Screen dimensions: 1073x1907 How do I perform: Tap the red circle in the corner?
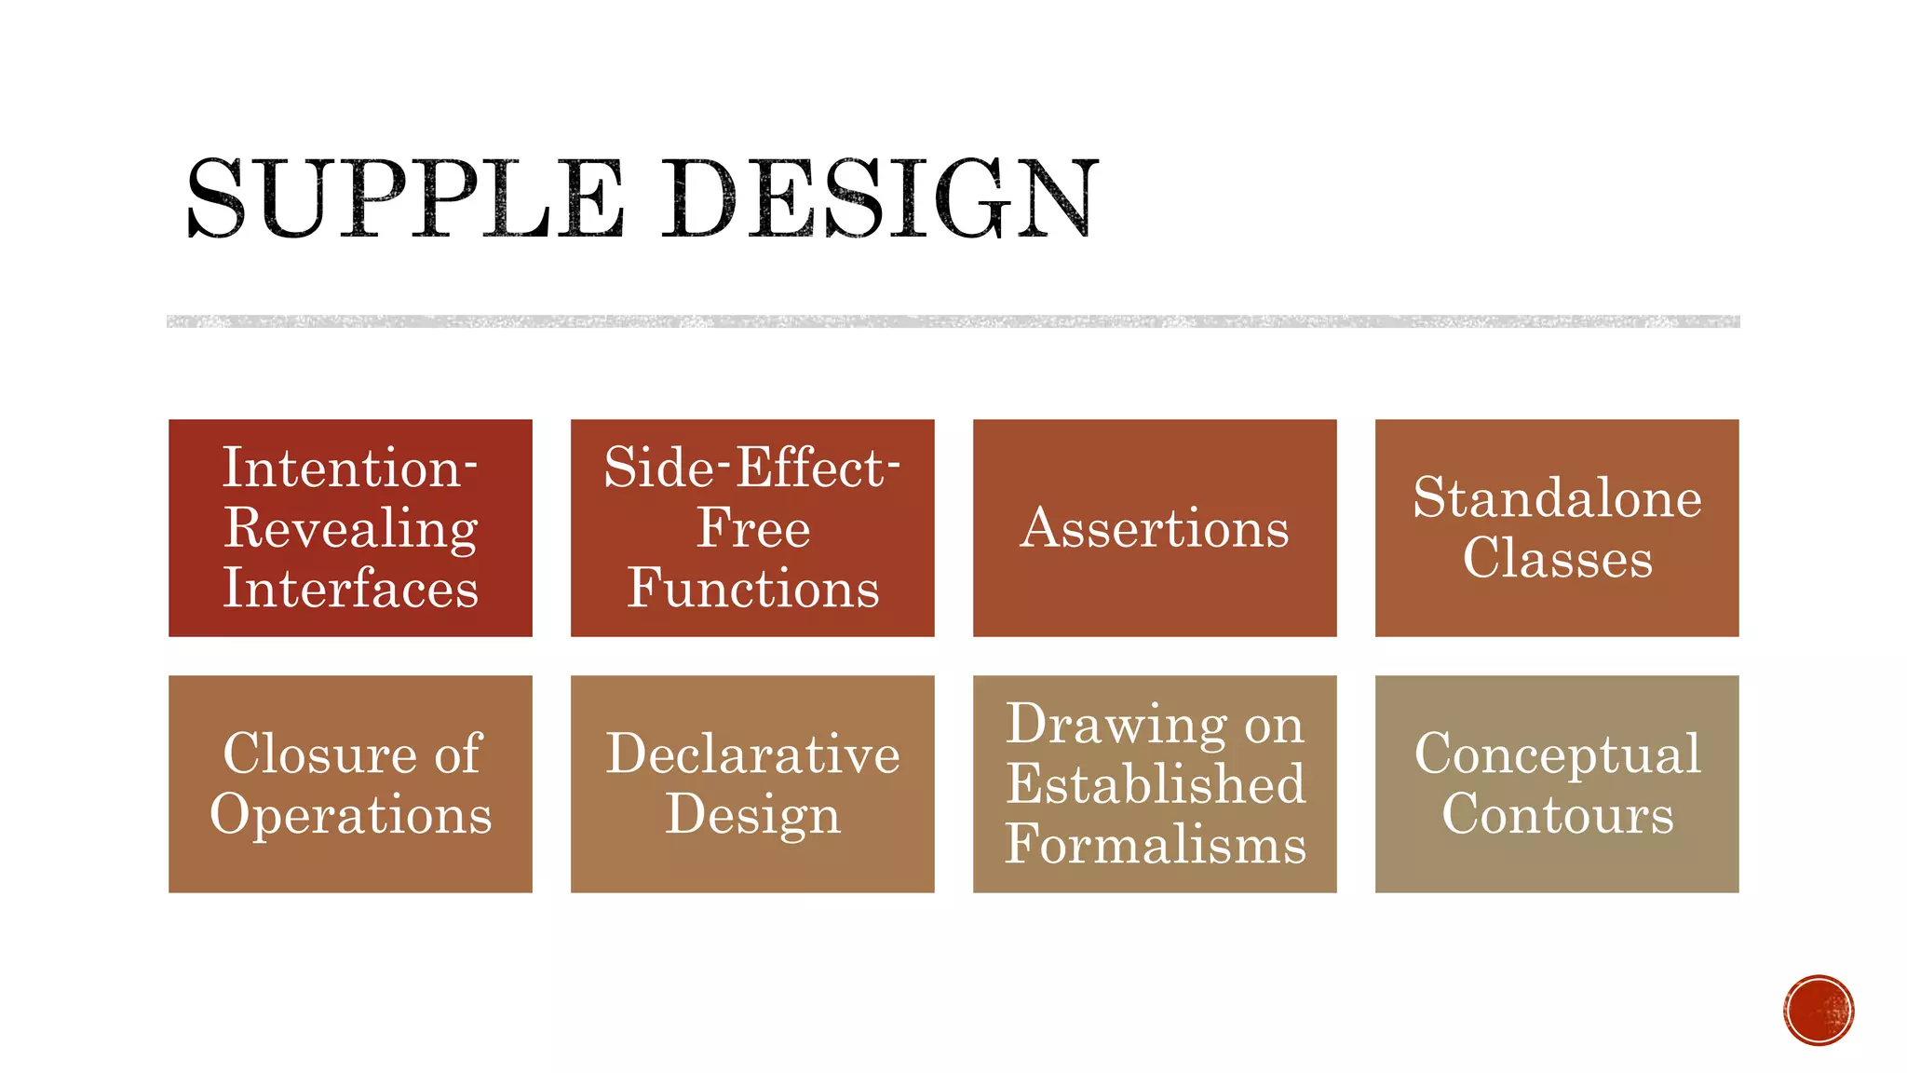pyautogui.click(x=1819, y=1011)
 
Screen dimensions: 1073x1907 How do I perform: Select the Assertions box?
pyautogui.click(x=1155, y=528)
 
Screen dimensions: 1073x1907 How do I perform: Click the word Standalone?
pyautogui.click(x=1557, y=497)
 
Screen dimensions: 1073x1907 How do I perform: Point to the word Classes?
pyautogui.click(x=1557, y=559)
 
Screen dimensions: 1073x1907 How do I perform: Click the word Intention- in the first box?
pyautogui.click(x=350, y=468)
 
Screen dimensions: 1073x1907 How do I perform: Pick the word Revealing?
pyautogui.click(x=350, y=528)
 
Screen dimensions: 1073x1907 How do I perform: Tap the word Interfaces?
pyautogui.click(x=350, y=589)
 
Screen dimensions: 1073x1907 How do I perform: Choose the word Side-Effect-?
pyautogui.click(x=752, y=468)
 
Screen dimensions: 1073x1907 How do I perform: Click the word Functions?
pyautogui.click(x=752, y=589)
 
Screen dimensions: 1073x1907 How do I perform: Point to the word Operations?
pyautogui.click(x=350, y=814)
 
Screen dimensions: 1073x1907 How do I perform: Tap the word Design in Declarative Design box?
pyautogui.click(x=752, y=814)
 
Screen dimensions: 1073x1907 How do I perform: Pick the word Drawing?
pyautogui.click(x=1116, y=724)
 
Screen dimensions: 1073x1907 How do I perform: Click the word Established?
pyautogui.click(x=1155, y=783)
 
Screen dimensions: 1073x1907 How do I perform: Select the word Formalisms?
pyautogui.click(x=1155, y=844)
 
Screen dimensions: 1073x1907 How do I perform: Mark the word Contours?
pyautogui.click(x=1557, y=814)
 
